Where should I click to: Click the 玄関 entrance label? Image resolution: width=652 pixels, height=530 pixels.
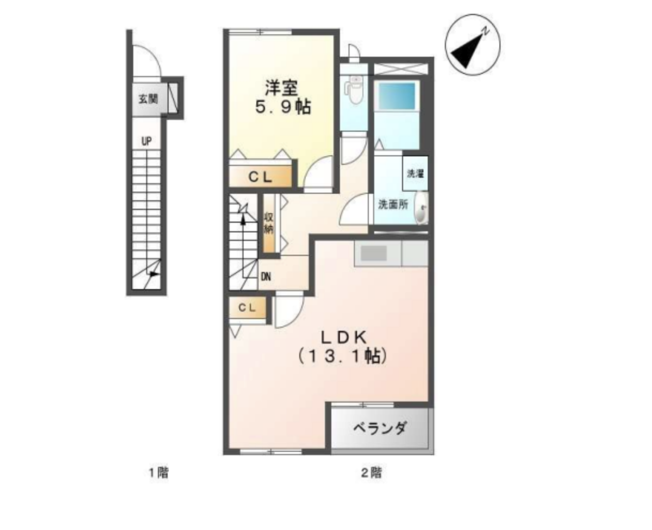tap(148, 99)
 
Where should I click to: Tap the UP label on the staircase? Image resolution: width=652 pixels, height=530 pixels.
tap(147, 141)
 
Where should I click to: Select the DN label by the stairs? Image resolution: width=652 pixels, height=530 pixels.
tap(266, 277)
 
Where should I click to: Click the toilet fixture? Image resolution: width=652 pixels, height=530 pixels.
tap(353, 90)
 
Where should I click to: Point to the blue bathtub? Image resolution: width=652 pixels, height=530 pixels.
tap(397, 96)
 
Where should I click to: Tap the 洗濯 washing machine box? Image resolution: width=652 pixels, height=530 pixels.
tap(415, 173)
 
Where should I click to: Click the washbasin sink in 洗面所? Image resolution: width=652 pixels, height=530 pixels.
tap(421, 207)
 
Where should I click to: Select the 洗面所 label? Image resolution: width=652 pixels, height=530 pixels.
tap(393, 205)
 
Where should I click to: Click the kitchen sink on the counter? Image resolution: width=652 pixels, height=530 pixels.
tap(374, 254)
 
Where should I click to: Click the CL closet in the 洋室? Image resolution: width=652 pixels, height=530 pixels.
tap(260, 177)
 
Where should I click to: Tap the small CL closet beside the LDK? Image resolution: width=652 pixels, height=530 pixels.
tap(247, 308)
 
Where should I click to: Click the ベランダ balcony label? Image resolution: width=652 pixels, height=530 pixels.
tap(380, 428)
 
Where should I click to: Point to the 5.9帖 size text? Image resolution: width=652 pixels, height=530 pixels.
tap(283, 108)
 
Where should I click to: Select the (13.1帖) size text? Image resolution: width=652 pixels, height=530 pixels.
tap(343, 356)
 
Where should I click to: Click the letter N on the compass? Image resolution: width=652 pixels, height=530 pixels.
tap(485, 31)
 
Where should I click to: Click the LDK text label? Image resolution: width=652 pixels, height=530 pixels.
tap(344, 338)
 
